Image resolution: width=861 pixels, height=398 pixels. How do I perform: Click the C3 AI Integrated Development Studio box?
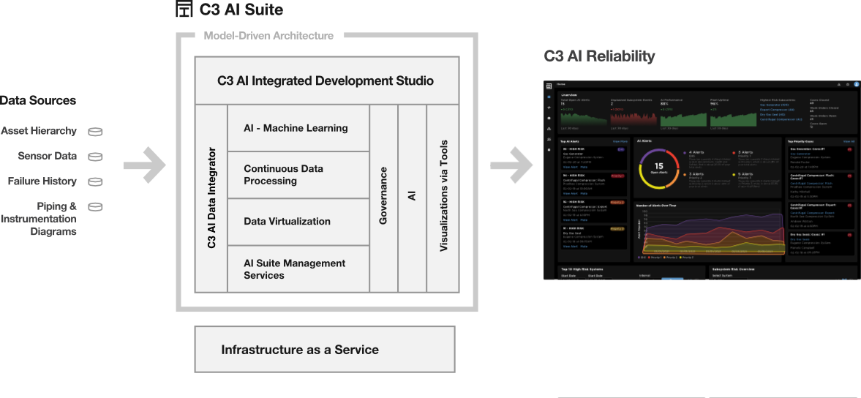(x=326, y=80)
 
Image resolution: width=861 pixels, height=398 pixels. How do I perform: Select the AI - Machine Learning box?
(x=298, y=128)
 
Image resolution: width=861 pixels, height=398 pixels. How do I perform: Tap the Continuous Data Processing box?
(x=298, y=175)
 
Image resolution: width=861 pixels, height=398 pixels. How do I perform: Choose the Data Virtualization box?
(x=298, y=222)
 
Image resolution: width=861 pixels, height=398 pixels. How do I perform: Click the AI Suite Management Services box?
(x=298, y=269)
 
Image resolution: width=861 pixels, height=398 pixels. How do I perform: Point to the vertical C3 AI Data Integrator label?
(x=211, y=198)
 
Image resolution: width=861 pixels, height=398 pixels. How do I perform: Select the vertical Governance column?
(x=383, y=198)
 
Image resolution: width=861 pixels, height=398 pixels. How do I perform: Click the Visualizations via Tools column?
(x=443, y=198)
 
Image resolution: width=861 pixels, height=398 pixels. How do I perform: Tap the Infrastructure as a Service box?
(x=325, y=350)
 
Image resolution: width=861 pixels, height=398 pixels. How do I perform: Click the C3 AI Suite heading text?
(x=241, y=10)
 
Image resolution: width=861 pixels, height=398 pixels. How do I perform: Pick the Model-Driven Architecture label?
(x=268, y=35)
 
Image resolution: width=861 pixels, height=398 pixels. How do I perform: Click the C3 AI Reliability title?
(x=599, y=56)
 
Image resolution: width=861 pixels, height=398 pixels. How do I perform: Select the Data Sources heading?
(x=38, y=100)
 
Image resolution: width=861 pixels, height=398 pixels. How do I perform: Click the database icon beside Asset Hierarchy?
(x=95, y=132)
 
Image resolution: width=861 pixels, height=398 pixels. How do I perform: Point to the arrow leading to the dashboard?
(x=513, y=165)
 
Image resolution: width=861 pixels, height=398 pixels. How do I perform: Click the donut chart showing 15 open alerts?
(x=658, y=167)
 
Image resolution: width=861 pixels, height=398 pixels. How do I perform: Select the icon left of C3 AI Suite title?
(x=184, y=10)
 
